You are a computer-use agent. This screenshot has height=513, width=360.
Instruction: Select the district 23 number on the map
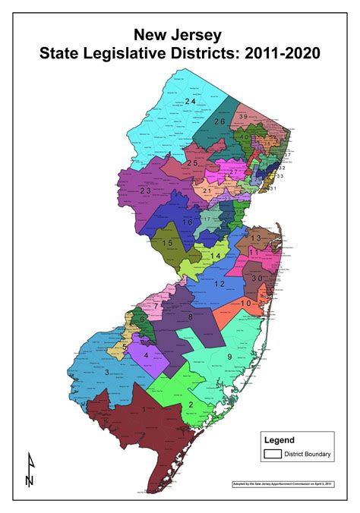coord(144,191)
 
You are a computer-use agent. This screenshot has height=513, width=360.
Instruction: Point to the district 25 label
coord(193,163)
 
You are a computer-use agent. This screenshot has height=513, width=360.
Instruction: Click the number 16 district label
coord(187,222)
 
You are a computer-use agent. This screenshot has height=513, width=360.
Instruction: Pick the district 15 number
coord(168,243)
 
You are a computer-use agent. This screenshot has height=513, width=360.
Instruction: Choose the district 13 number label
coord(256,238)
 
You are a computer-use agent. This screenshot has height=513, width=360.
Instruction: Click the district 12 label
coord(219,283)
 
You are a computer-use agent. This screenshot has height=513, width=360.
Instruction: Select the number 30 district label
coord(257,278)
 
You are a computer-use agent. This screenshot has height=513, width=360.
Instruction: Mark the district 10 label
coord(245,304)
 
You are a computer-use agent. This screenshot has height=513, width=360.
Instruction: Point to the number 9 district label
coord(227,356)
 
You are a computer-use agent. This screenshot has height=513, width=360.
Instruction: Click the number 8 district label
coord(190,316)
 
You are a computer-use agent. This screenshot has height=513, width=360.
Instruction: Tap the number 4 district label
coord(145,354)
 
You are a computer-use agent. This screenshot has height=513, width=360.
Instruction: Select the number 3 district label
coord(108,371)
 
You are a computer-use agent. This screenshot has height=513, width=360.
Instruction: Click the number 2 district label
coord(190,404)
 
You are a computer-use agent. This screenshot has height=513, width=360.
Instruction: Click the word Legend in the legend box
coord(279,440)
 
